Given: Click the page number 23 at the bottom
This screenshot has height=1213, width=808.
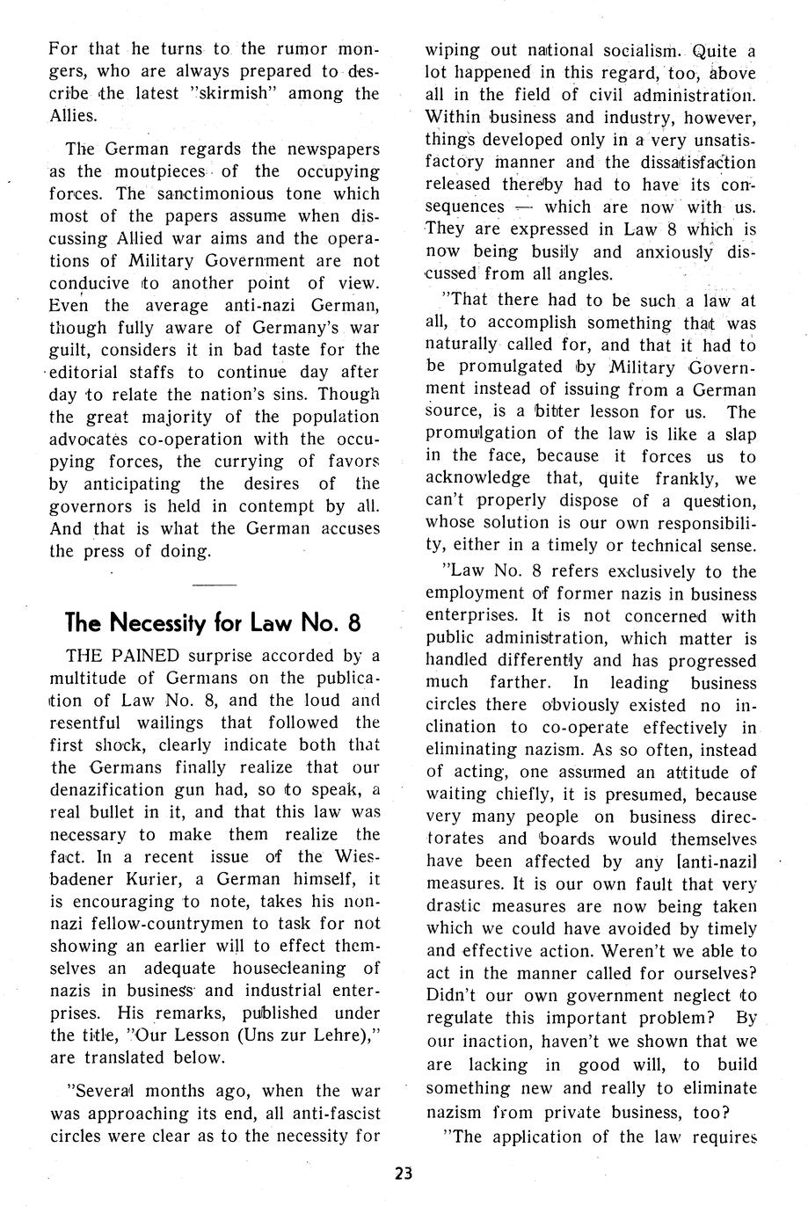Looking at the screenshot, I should [x=404, y=1173].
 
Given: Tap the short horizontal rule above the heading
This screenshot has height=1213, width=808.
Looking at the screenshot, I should [x=214, y=585].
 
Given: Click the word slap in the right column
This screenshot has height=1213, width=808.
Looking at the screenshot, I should [x=739, y=434].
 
